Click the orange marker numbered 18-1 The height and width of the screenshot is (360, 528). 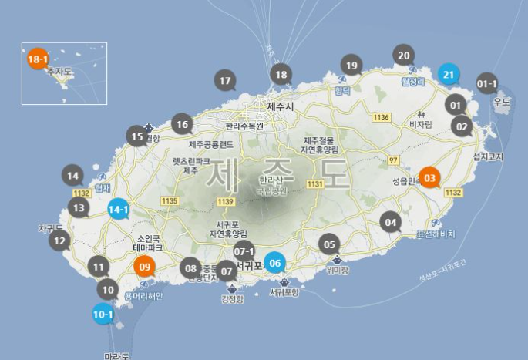(38, 59)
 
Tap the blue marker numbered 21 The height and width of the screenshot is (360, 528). (449, 74)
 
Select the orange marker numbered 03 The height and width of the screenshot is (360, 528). (430, 178)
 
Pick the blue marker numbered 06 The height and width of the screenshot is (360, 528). (275, 262)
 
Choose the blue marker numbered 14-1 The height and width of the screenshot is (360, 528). (118, 208)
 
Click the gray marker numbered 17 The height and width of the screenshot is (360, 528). (225, 80)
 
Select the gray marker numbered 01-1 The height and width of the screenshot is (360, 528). (487, 83)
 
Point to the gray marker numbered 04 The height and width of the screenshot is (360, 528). (391, 223)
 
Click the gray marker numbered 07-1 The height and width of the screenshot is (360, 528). (244, 251)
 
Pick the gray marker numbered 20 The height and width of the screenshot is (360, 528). (404, 55)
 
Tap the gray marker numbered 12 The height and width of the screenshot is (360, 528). (59, 241)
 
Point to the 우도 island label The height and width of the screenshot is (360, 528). (502, 102)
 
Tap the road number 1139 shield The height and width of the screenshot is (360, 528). (225, 202)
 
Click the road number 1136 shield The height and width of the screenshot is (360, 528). (382, 117)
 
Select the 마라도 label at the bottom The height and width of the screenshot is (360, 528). (118, 355)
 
